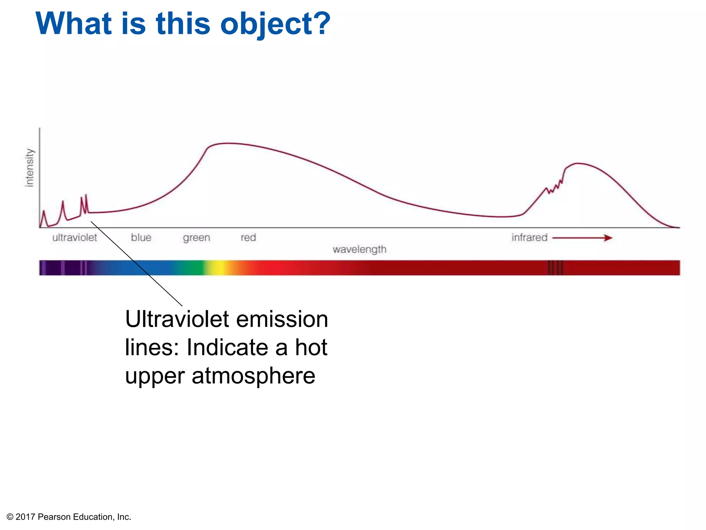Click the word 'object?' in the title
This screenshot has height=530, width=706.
275,24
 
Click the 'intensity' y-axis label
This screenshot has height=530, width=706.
30,168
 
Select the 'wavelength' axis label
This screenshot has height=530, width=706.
359,249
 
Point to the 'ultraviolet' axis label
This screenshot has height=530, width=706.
74,238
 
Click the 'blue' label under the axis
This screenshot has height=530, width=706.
141,238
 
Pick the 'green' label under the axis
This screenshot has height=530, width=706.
196,238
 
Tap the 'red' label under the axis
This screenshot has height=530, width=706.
248,238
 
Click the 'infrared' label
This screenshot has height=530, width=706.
529,238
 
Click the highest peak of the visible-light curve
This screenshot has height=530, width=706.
228,143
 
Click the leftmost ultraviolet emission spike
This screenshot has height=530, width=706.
44,211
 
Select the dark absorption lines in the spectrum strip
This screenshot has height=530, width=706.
555,268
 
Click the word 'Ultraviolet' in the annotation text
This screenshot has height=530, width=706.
177,319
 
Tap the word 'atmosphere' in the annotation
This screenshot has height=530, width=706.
253,376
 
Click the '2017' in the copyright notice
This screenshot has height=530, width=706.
25,517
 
